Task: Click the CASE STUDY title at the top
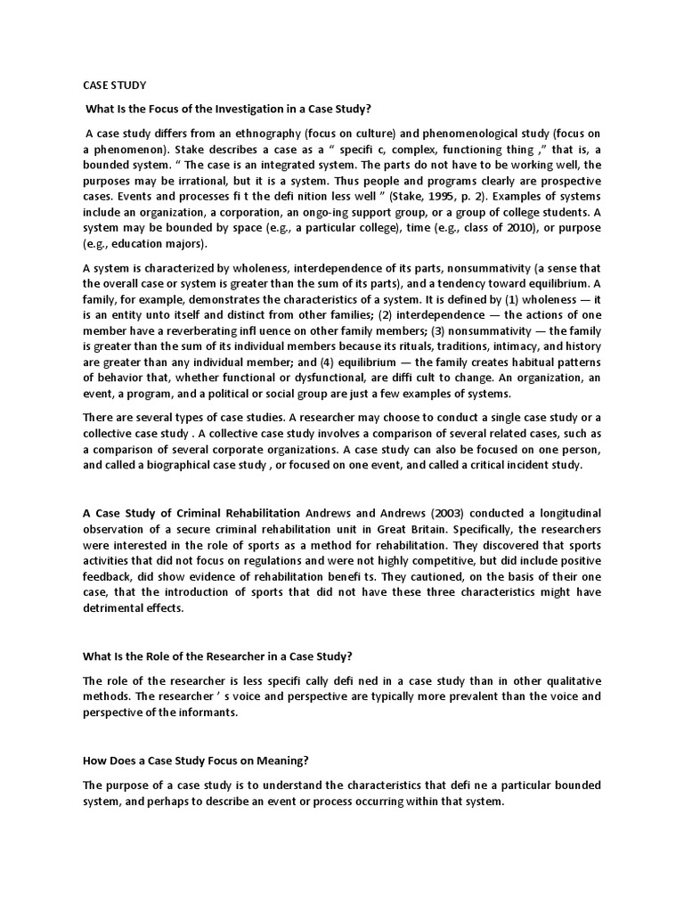point(115,85)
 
